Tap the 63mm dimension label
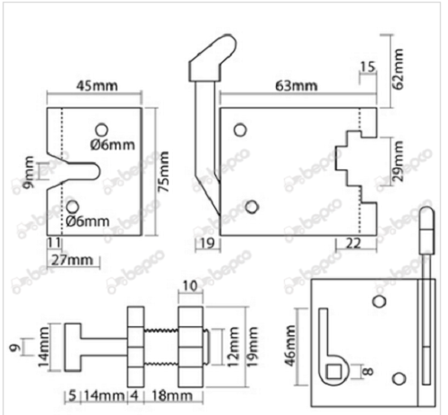click(x=297, y=86)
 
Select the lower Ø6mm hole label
click(x=87, y=220)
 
